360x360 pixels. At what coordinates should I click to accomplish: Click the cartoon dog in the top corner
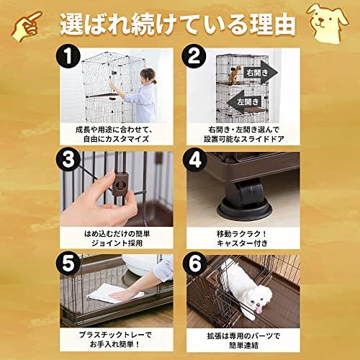[x=334, y=19]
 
